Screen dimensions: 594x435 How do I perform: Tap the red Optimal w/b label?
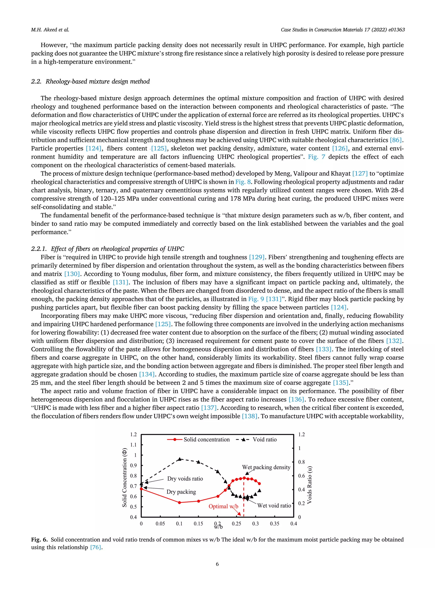pyautogui.click(x=223, y=506)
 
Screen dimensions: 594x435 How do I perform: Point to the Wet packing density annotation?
pyautogui.click(x=266, y=467)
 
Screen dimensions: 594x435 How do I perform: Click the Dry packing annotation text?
pyautogui.click(x=181, y=492)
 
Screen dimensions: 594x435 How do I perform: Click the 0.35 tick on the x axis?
pyautogui.click(x=274, y=524)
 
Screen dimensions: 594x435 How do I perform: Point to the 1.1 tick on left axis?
pyautogui.click(x=134, y=445)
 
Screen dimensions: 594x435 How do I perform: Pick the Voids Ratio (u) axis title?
pyautogui.click(x=310, y=485)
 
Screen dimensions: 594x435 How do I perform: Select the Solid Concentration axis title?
pyautogui.click(x=124, y=477)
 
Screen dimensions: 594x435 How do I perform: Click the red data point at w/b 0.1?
pyautogui.click(x=179, y=503)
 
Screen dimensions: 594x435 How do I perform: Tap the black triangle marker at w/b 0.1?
pyautogui.click(x=179, y=459)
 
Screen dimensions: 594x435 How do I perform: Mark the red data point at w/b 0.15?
pyautogui.click(x=199, y=501)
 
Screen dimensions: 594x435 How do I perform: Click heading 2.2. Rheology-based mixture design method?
pyautogui.click(x=90, y=81)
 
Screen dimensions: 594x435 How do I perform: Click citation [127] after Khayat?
pyautogui.click(x=360, y=174)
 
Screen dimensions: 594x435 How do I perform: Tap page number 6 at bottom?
pyautogui.click(x=217, y=564)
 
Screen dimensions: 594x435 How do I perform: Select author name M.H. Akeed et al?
pyautogui.click(x=50, y=30)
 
